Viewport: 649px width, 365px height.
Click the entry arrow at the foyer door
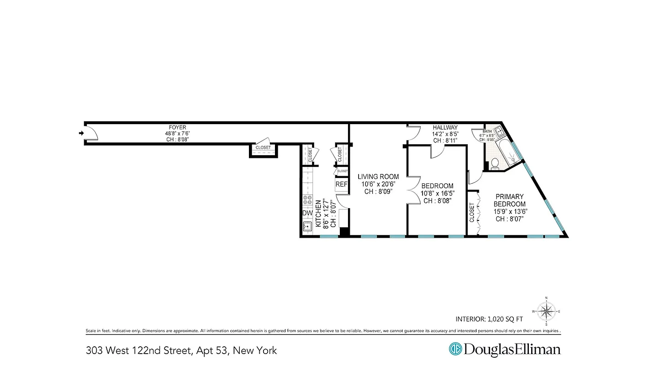(x=81, y=133)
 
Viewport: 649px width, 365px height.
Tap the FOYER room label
(x=177, y=127)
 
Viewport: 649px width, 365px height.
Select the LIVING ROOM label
(x=378, y=177)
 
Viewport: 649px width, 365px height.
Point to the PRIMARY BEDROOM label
(x=508, y=200)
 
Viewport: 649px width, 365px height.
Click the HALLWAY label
(x=445, y=128)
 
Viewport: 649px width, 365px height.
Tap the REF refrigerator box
(x=341, y=184)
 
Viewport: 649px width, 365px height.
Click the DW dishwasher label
(x=307, y=213)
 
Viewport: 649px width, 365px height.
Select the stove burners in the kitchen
(x=307, y=200)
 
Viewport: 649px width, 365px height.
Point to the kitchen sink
(x=306, y=226)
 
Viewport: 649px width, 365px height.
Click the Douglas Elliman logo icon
(x=455, y=349)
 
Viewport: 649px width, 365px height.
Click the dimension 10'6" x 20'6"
(x=378, y=184)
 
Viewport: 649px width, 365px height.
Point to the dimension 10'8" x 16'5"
(x=437, y=193)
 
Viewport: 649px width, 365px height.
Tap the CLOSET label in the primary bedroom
(x=472, y=213)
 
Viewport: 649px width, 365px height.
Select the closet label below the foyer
(x=263, y=148)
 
